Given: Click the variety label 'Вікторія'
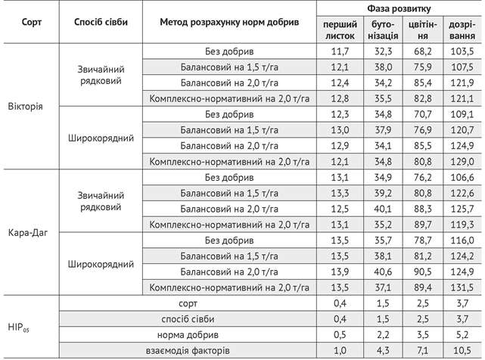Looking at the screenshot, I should (25, 105).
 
